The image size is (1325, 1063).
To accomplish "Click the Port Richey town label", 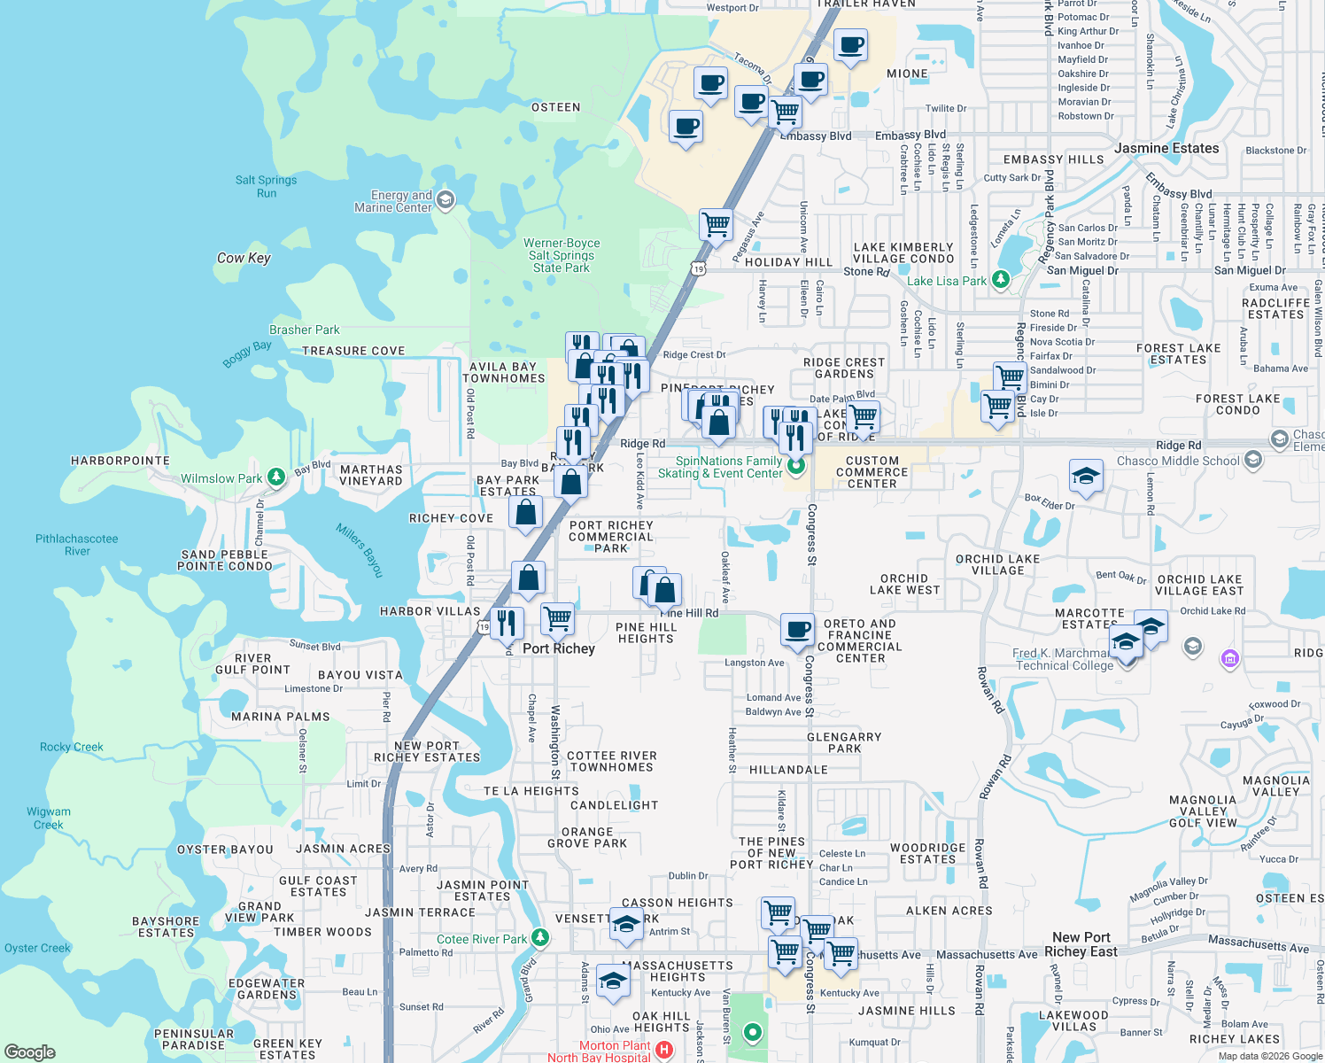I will [558, 648].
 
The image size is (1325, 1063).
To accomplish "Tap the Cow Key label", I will [244, 258].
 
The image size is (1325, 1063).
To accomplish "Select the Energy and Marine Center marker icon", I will [446, 200].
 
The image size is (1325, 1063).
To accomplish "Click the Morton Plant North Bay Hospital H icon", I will [663, 1051].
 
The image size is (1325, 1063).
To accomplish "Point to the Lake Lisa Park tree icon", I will [1001, 280].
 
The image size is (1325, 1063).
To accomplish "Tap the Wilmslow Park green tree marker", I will [276, 478].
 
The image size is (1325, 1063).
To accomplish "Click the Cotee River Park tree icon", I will [540, 938].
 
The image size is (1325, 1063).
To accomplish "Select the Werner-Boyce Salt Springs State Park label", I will [562, 255].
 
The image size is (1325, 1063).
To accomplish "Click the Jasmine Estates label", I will [1166, 148].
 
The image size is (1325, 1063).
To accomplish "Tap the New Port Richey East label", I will [1081, 944].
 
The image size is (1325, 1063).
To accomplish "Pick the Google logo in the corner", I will [30, 1052].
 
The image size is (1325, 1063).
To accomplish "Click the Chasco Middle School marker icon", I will [1252, 459].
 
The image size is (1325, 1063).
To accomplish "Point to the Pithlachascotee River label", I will [77, 545].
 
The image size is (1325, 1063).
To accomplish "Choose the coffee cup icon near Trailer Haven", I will [850, 45].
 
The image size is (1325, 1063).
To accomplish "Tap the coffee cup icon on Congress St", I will [797, 629].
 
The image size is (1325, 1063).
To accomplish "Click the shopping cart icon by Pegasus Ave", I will [716, 223].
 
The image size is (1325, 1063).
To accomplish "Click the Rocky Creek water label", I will [71, 747].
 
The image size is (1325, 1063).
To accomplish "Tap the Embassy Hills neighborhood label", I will [1053, 159].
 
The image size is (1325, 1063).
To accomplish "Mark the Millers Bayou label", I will [360, 550].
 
